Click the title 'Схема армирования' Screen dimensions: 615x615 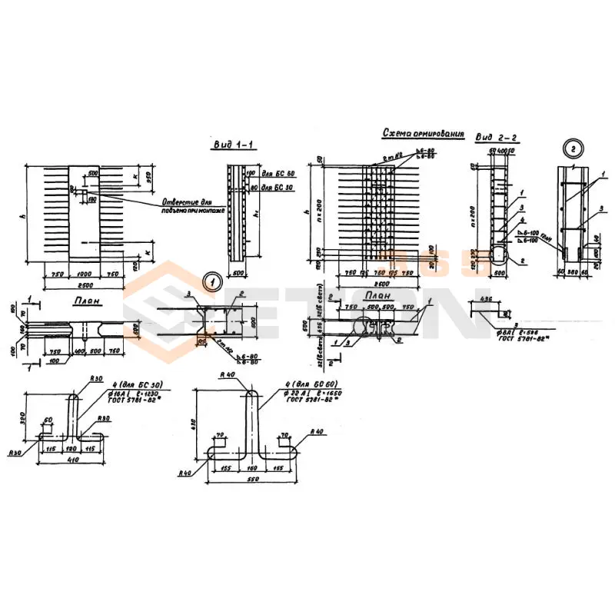(424, 134)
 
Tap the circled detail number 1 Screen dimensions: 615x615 (211, 281)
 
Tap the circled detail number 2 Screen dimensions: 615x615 (573, 148)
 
